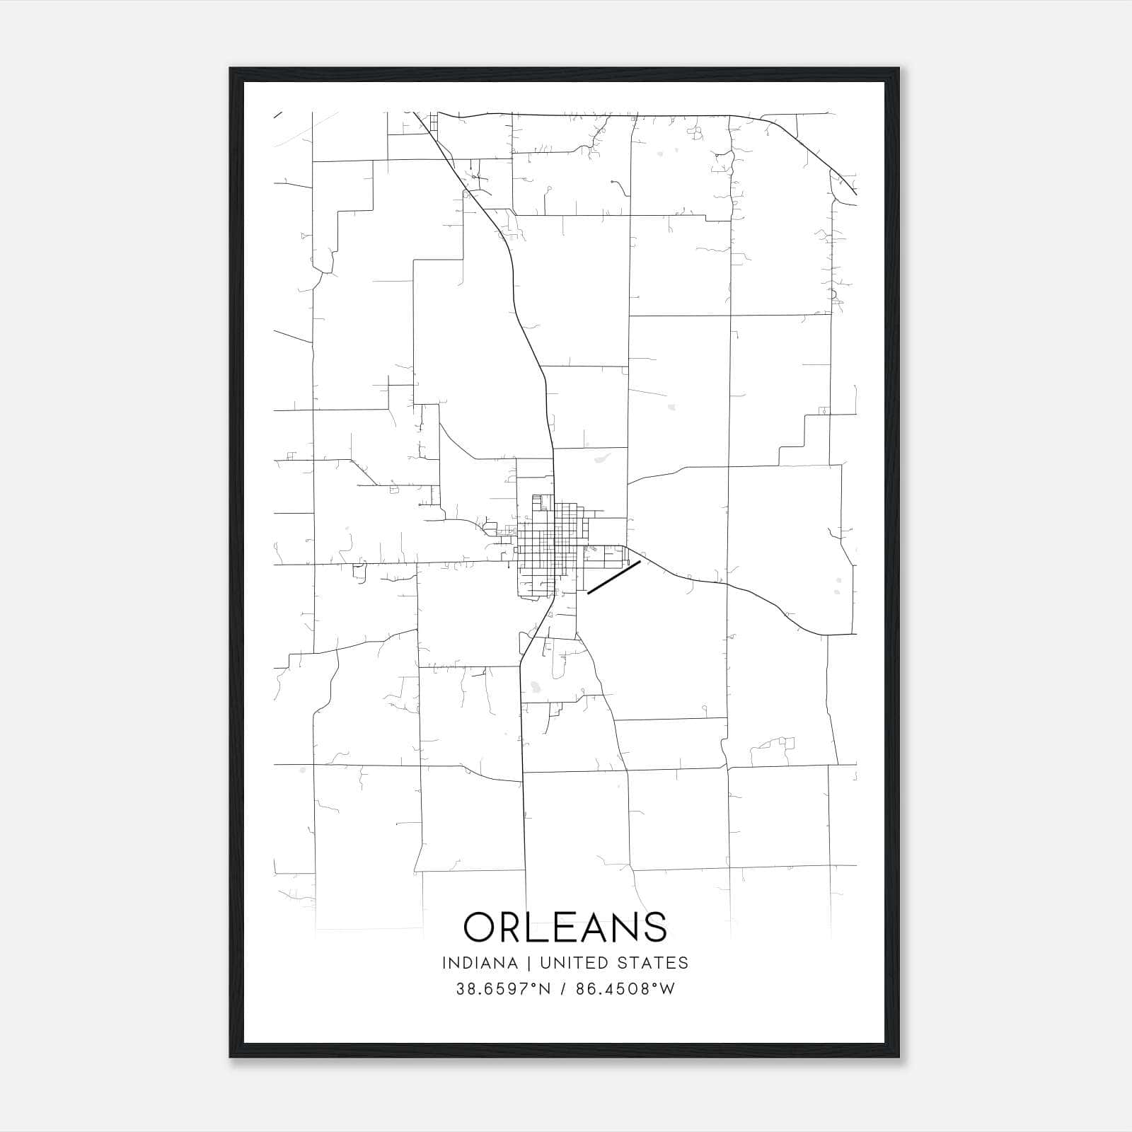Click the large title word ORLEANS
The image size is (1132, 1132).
(x=565, y=926)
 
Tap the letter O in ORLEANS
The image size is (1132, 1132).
(x=482, y=926)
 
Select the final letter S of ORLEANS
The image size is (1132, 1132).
(x=655, y=926)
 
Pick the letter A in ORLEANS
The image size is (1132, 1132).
(x=598, y=926)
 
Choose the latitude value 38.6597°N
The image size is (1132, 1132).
(x=503, y=989)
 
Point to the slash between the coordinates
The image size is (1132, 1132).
(x=563, y=989)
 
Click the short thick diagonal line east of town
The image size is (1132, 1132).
(x=614, y=577)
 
